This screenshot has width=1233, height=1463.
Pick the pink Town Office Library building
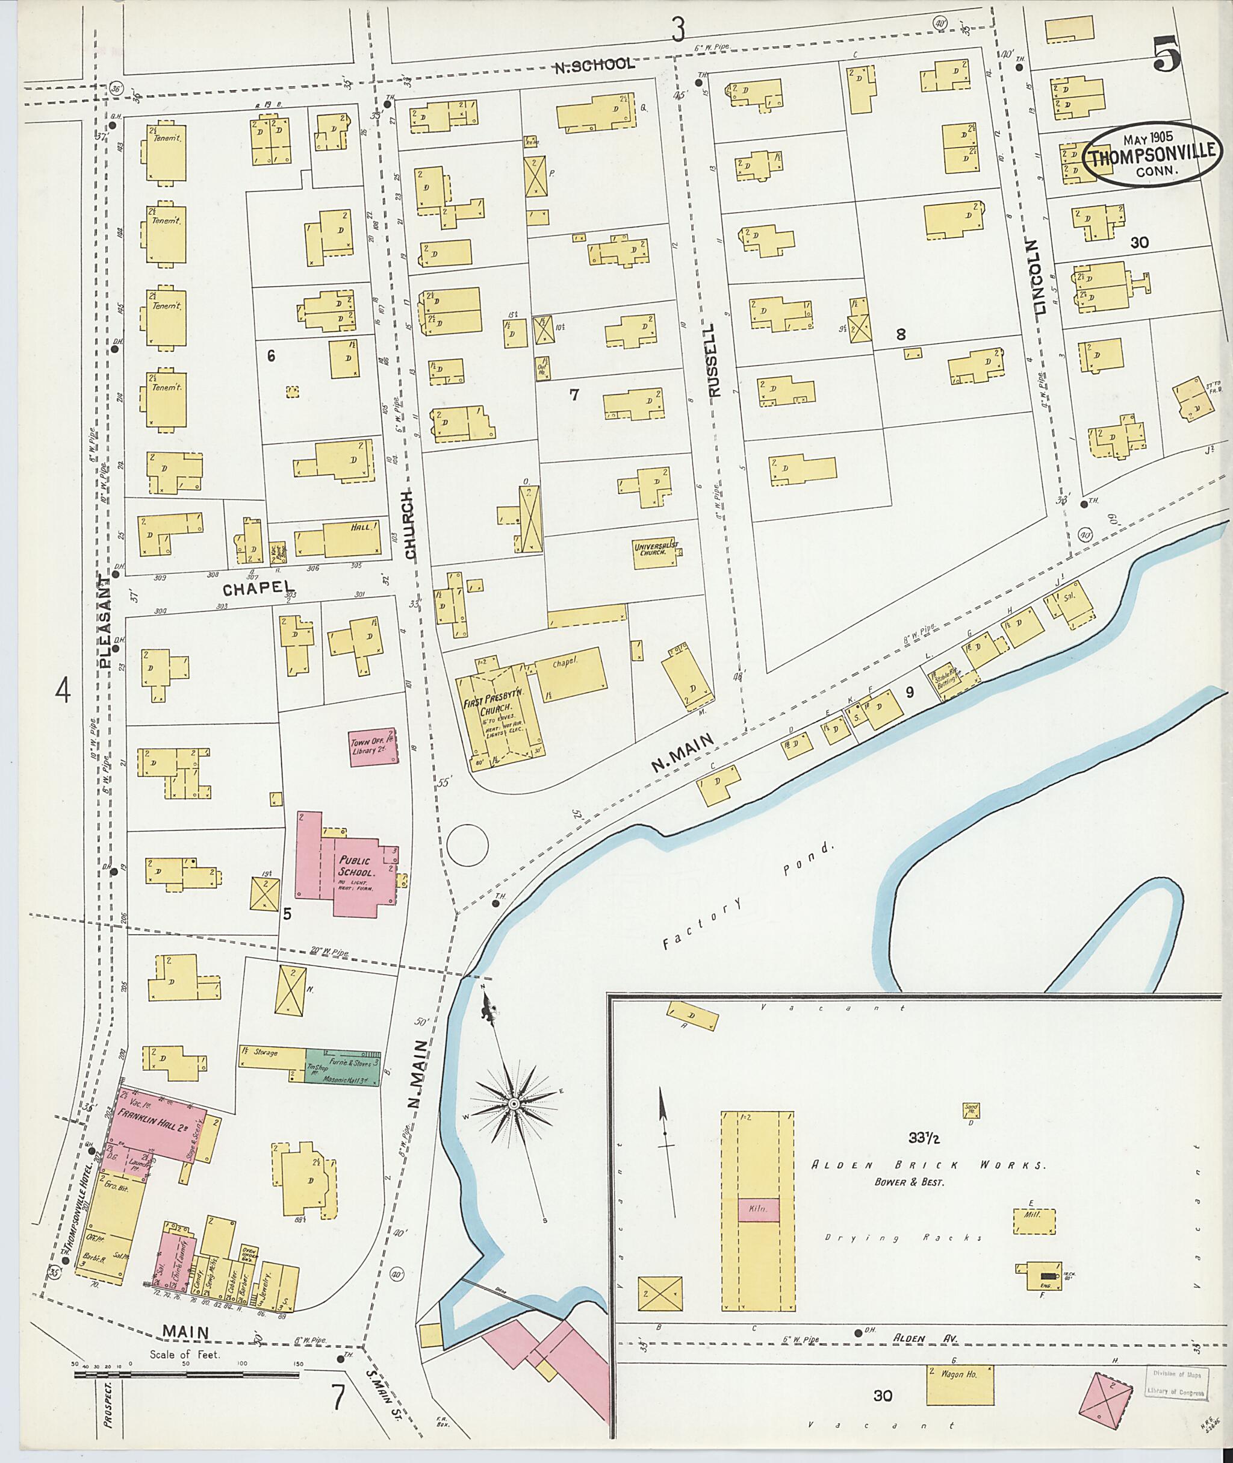click(x=374, y=747)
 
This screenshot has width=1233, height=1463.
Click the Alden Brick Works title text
click(x=928, y=1166)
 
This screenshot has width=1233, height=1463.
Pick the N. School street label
click(x=594, y=65)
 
